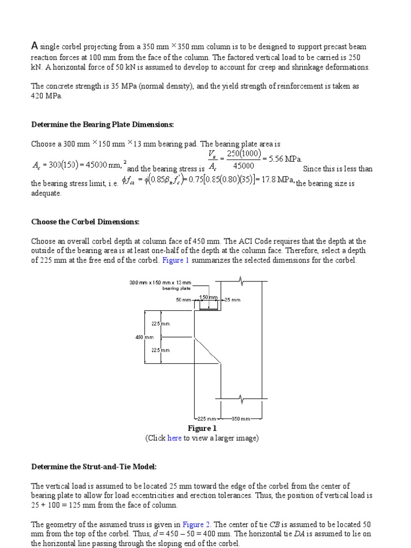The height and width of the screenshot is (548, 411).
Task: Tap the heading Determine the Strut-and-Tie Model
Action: point(94,467)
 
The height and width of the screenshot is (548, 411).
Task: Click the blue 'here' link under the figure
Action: point(174,438)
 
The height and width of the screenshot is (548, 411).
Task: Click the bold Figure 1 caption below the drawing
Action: point(202,428)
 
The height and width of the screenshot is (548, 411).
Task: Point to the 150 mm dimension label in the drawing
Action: point(208,296)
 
